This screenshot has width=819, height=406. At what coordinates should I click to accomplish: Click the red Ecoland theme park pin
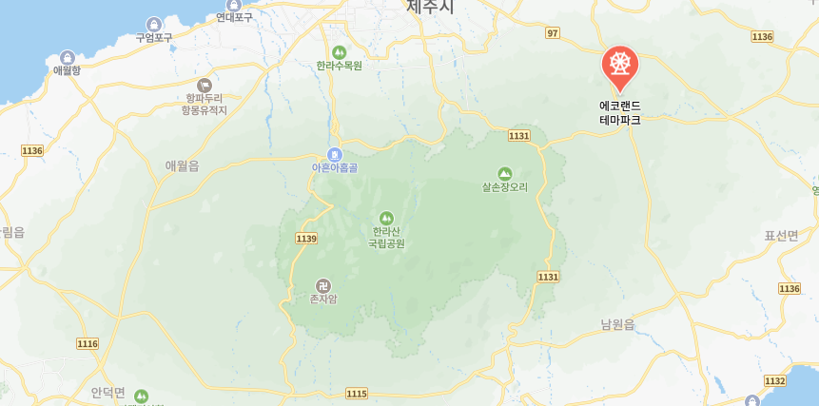click(620, 65)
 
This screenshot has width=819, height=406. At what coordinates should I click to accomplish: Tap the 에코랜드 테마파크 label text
click(620, 113)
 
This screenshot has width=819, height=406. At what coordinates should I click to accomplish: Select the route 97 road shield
click(553, 33)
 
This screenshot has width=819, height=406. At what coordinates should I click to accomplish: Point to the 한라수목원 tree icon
click(340, 51)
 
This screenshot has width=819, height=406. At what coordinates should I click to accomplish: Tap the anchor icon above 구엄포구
click(154, 24)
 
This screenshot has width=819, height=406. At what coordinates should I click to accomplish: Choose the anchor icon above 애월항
click(68, 57)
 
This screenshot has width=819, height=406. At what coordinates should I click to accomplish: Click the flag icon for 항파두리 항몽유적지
click(205, 86)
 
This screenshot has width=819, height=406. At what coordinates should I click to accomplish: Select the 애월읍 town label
click(182, 165)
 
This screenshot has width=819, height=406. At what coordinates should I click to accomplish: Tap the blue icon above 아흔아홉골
click(334, 154)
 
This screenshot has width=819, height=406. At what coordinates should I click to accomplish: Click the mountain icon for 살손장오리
click(504, 174)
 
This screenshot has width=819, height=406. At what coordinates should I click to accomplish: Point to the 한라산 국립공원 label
click(386, 237)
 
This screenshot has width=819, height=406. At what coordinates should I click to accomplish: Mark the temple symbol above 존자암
click(323, 285)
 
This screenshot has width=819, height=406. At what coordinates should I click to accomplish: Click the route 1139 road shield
click(305, 238)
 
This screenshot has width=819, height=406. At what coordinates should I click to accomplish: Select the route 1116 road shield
click(88, 343)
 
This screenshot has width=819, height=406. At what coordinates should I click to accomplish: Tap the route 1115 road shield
click(357, 393)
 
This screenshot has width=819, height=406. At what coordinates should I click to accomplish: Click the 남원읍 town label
click(617, 324)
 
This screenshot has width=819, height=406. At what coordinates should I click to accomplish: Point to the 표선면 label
click(781, 235)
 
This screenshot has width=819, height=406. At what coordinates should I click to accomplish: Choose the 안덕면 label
click(107, 392)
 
